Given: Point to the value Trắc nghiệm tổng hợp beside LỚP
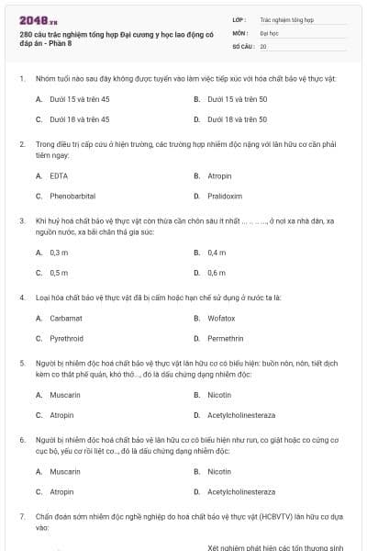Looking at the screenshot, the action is coord(287,18).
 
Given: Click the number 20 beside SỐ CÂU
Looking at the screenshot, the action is coord(263,46).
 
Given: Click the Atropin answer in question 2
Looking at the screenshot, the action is coord(219,174).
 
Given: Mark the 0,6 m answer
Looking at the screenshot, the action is coord(217,272).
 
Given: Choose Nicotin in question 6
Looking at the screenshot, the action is coord(219,471).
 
